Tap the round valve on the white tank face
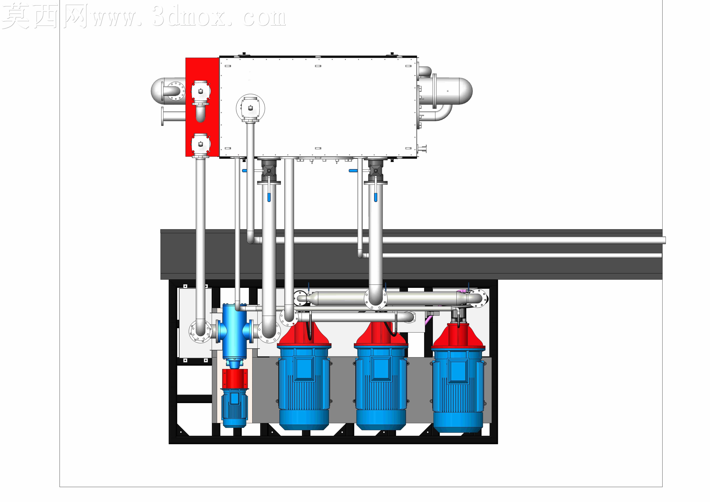click(250, 109)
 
